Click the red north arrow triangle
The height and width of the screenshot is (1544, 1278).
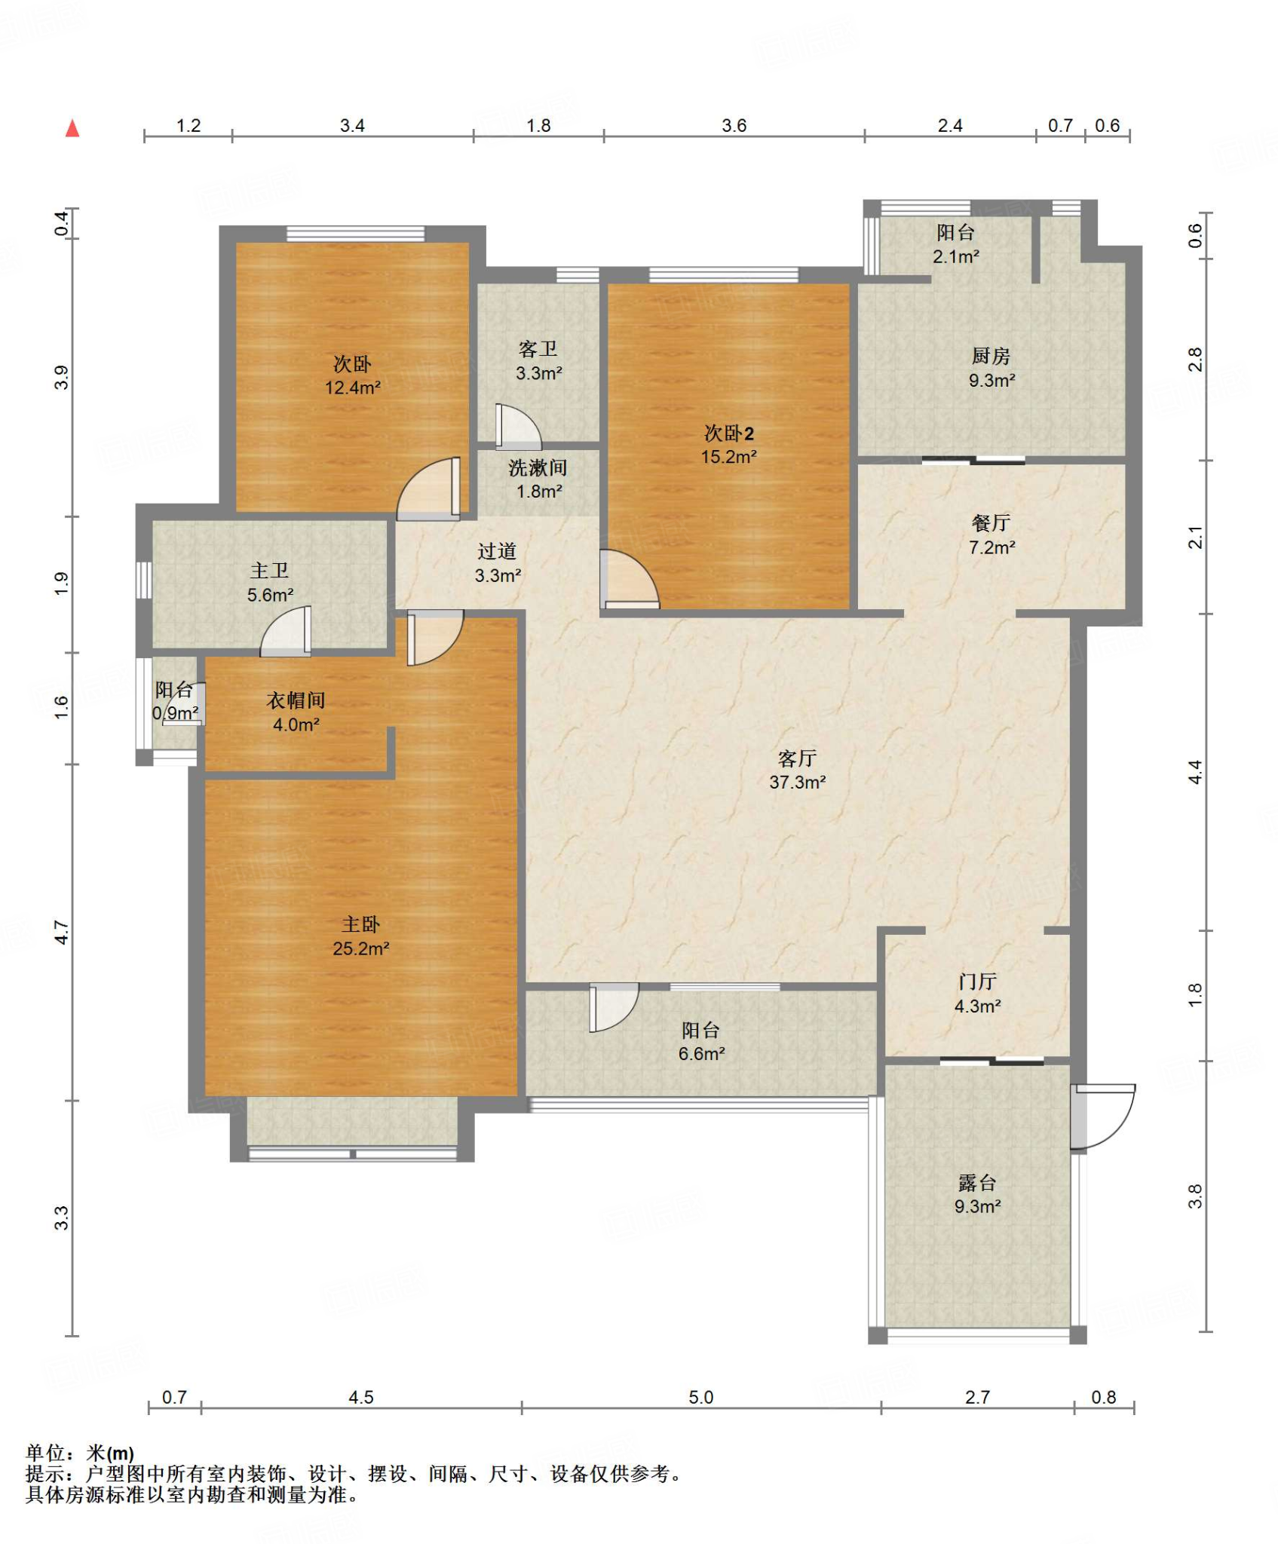pyautogui.click(x=72, y=128)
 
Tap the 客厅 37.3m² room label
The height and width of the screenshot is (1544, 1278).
pyautogui.click(x=797, y=770)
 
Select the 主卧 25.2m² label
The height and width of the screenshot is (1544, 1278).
pyautogui.click(x=360, y=936)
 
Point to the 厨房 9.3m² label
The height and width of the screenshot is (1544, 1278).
pyautogui.click(x=991, y=367)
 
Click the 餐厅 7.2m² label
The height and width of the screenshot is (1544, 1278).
pyautogui.click(x=991, y=535)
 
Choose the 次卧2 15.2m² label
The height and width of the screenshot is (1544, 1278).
pyautogui.click(x=728, y=444)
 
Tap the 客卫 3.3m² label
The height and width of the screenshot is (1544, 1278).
pyautogui.click(x=538, y=360)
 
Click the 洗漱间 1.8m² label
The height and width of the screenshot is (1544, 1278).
pyautogui.click(x=538, y=479)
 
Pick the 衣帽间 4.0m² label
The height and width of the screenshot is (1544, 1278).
pyautogui.click(x=296, y=712)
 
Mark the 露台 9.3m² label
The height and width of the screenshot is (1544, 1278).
pyautogui.click(x=977, y=1193)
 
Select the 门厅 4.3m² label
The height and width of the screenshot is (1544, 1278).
pyautogui.click(x=977, y=993)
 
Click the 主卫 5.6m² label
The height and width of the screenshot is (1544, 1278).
pyautogui.click(x=270, y=582)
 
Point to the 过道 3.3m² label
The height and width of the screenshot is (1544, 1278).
pyautogui.click(x=497, y=562)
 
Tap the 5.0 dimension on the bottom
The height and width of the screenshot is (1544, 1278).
pyautogui.click(x=700, y=1397)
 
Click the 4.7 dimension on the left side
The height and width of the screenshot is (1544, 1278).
pyautogui.click(x=62, y=933)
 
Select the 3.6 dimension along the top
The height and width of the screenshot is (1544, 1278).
pyautogui.click(x=734, y=125)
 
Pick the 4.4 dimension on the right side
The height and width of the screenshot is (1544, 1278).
pyautogui.click(x=1195, y=772)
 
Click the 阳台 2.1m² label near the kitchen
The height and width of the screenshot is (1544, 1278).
pyautogui.click(x=955, y=244)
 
